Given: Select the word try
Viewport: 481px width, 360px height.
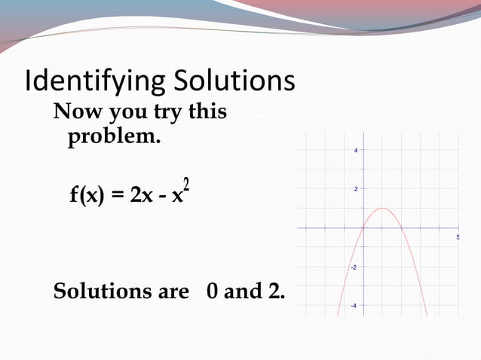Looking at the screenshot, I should [166, 114].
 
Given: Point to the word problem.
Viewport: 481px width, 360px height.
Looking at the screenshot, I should [114, 139].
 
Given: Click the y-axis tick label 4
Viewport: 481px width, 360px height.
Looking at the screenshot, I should [356, 150].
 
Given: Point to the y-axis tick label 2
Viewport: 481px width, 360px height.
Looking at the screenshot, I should [356, 189].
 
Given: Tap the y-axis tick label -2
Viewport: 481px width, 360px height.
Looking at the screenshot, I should [353, 267].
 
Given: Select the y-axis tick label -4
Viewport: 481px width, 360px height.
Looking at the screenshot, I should [353, 306].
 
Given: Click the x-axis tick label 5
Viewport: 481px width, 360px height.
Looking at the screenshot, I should [458, 237].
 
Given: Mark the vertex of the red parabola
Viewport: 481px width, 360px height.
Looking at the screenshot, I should [381, 208].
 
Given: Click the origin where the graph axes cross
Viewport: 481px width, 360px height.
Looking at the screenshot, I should [363, 227].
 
